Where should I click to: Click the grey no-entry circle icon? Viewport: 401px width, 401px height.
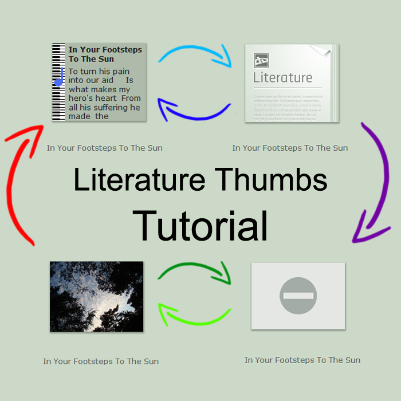point(298,296)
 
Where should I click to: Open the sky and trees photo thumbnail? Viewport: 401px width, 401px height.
point(96,296)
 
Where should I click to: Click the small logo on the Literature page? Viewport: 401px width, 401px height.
point(261,60)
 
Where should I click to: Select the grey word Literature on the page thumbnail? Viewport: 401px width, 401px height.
point(283,77)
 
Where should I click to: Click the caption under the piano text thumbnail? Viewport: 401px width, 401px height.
point(104,148)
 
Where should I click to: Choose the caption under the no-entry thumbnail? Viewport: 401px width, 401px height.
point(302,360)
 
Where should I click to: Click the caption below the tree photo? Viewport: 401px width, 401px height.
point(101,361)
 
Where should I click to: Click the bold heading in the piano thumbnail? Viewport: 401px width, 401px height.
point(105,54)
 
